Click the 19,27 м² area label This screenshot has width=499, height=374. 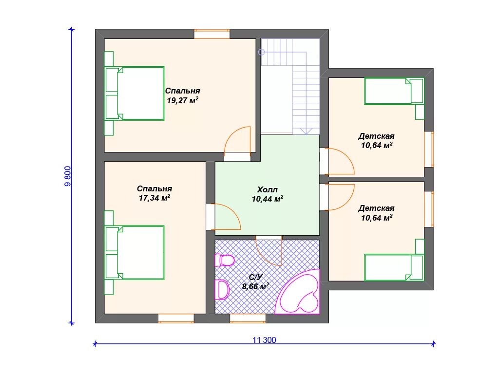point(183,100)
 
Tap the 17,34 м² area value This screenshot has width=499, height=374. point(154,198)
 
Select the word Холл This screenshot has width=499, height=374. point(268,189)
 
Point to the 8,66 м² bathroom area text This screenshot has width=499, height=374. point(255,286)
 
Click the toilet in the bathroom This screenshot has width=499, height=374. point(224,261)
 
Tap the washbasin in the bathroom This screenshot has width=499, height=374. point(222,289)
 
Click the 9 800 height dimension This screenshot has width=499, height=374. point(68,176)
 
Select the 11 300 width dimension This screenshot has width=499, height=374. point(264,340)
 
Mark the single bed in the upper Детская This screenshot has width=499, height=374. point(394,91)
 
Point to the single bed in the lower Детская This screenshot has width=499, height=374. point(394,267)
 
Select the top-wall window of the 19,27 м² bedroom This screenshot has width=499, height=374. point(212,34)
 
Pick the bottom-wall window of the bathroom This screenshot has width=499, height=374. point(248,318)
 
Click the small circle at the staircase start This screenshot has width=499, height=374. point(262,52)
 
